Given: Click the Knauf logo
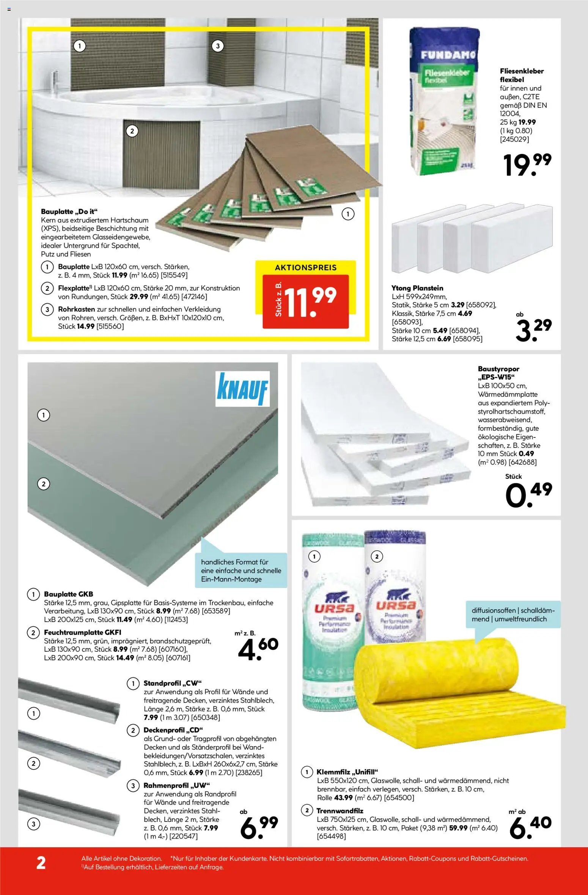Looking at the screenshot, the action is pos(242,389).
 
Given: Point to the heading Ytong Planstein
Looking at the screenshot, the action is pos(417,288).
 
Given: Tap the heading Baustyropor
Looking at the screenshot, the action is pos(498,369).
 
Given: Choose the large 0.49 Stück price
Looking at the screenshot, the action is pos(528,495).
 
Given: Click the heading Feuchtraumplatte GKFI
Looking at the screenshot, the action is pos(82,632).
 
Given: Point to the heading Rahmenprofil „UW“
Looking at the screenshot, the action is pos(176,785).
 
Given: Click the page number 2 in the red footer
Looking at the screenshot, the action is pos(41,863).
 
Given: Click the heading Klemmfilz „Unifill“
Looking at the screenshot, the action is pos(347,772).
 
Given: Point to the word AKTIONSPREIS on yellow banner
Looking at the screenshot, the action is pos(306,268).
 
